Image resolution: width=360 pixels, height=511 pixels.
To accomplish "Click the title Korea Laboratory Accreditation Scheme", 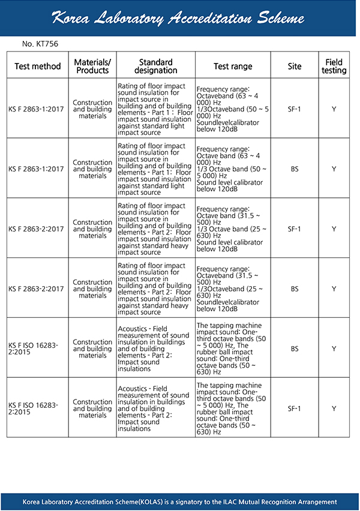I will [x=178, y=18].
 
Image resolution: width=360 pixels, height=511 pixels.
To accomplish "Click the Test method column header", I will [x=38, y=67].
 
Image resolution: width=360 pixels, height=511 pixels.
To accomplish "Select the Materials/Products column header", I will [x=92, y=66].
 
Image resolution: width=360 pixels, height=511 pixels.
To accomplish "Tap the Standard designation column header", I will [x=155, y=66].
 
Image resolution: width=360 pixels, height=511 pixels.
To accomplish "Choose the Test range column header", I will [x=233, y=67].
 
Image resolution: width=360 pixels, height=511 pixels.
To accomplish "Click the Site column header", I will [x=294, y=67].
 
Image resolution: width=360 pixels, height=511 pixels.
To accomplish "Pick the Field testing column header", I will [x=334, y=66].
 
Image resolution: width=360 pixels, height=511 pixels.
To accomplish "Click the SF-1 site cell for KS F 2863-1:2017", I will [x=294, y=109].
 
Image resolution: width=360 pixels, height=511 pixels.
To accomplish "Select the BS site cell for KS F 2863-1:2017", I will [x=294, y=169].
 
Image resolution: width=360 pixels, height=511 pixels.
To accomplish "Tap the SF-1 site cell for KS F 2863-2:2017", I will [x=294, y=229].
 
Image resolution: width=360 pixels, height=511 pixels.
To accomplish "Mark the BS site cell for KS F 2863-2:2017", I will [x=294, y=288].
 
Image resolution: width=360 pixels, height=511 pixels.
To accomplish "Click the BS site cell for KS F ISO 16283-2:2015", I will [x=294, y=348].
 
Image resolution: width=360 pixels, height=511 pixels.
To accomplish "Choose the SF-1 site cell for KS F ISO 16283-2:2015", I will [x=294, y=408].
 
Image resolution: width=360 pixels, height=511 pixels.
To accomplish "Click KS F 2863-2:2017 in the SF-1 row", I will [x=36, y=229].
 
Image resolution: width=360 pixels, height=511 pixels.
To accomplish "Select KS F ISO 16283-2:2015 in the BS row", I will [x=34, y=348].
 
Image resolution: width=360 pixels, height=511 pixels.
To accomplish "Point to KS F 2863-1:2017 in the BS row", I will [x=36, y=169].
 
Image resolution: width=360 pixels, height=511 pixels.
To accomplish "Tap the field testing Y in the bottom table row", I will [x=334, y=408].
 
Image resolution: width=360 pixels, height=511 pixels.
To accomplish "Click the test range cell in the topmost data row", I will [x=233, y=109].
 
